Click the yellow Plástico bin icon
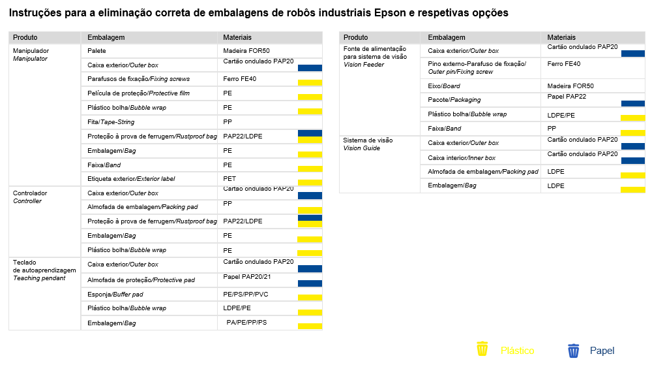(482, 349)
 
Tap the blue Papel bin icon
(573, 351)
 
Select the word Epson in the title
(390, 13)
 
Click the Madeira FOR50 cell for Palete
(246, 50)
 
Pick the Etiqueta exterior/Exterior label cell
(131, 179)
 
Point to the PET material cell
(229, 179)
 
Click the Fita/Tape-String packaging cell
(111, 122)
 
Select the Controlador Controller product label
(30, 197)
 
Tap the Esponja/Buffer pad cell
(115, 295)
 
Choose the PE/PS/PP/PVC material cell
(246, 295)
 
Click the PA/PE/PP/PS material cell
(246, 322)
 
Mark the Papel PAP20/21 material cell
(247, 277)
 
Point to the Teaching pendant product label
(39, 278)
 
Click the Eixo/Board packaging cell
(443, 86)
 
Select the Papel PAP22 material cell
(567, 97)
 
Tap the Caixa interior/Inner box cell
(462, 157)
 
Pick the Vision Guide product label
(361, 148)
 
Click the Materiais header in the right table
(561, 37)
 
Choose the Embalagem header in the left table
(106, 37)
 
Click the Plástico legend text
(518, 350)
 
